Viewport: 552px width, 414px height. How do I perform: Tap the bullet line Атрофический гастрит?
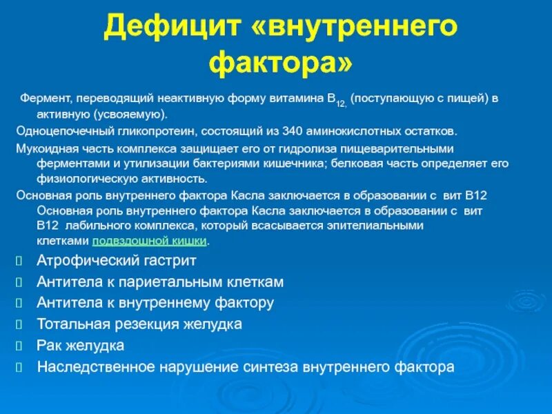click(116, 261)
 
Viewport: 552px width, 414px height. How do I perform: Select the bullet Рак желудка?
click(80, 346)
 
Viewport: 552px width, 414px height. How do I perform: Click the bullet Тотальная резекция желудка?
click(139, 324)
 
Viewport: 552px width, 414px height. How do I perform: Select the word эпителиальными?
click(384, 226)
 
